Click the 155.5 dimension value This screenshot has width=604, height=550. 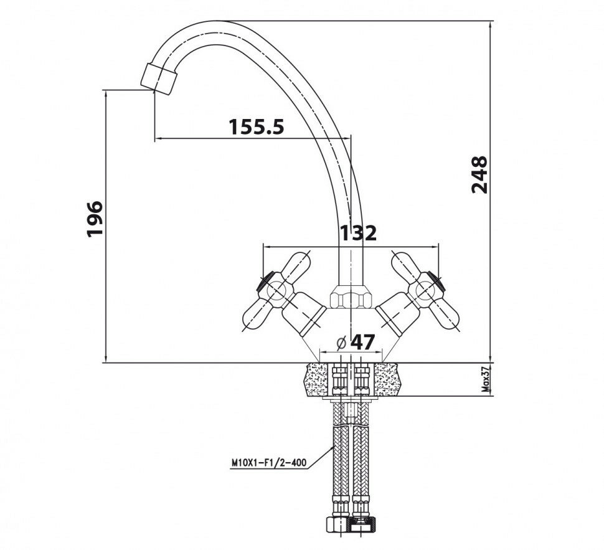pos(256,127)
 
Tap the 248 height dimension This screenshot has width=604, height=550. pos(479,175)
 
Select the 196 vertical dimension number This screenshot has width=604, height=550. pos(94,219)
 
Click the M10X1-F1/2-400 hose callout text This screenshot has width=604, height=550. pos(269,463)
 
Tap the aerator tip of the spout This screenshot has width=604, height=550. pos(158,78)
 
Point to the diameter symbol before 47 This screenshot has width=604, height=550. pos(341,343)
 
